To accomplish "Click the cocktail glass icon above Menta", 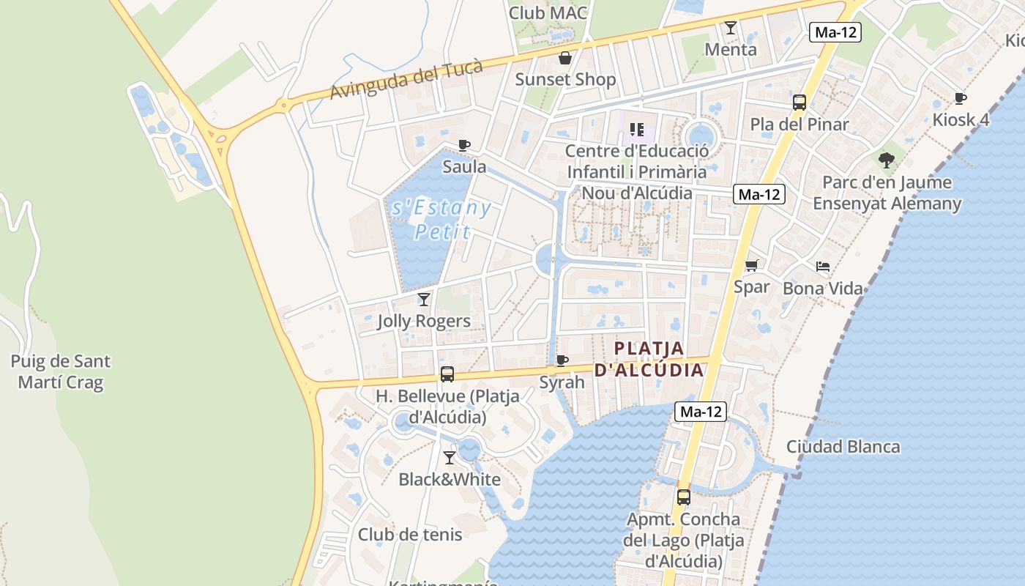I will click(731, 29).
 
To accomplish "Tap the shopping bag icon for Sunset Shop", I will click(565, 58).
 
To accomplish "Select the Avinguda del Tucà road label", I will click(406, 81).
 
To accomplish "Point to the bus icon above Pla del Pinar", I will click(799, 103).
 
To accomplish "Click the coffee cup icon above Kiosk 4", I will click(961, 99).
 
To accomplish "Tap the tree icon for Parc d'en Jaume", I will click(887, 160).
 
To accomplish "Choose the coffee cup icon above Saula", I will click(464, 145).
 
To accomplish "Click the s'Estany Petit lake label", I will click(441, 219).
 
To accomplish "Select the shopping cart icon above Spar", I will click(752, 265).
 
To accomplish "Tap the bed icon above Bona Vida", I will click(823, 267).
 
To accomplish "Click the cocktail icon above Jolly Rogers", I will click(424, 300).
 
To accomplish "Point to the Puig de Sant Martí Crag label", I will click(61, 371).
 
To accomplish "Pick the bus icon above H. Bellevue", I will click(447, 374).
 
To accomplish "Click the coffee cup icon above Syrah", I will click(562, 360).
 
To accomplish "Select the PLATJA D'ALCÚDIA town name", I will click(649, 359).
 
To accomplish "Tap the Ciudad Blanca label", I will click(843, 446).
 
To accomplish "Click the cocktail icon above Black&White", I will click(450, 458).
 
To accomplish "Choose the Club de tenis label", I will click(410, 534).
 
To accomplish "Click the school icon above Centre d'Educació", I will click(637, 130).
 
